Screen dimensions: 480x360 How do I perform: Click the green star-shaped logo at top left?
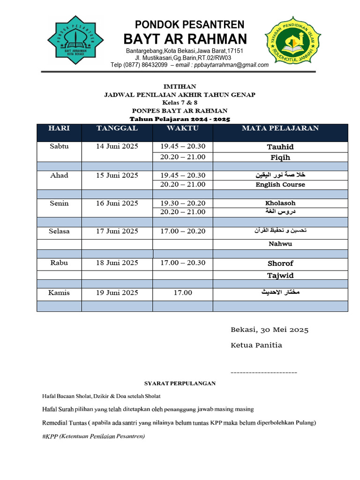coord(76,42)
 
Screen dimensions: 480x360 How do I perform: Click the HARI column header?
coord(59,128)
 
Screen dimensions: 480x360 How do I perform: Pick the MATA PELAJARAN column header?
coord(280,128)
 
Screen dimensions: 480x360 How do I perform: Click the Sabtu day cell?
coord(59,146)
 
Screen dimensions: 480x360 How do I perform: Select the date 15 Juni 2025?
coord(117,175)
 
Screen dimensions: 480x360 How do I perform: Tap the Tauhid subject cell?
coord(280,147)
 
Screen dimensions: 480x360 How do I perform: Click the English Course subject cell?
coord(280,185)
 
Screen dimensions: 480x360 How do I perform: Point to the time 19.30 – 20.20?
coord(183,203)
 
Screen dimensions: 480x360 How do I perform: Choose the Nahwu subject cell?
coord(280,244)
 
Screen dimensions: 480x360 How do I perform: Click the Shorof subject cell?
coord(280,263)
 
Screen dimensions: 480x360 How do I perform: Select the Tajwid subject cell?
coord(280,276)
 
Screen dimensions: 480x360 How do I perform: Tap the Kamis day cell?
coord(59,292)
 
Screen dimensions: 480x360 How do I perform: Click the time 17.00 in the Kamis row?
coord(183,293)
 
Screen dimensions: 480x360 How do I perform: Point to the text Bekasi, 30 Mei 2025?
coord(270,330)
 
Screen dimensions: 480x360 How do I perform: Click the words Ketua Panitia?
coord(256,345)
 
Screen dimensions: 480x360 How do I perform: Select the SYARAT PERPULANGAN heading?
coord(180,383)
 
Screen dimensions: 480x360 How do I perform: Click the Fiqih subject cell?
coord(280,157)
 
